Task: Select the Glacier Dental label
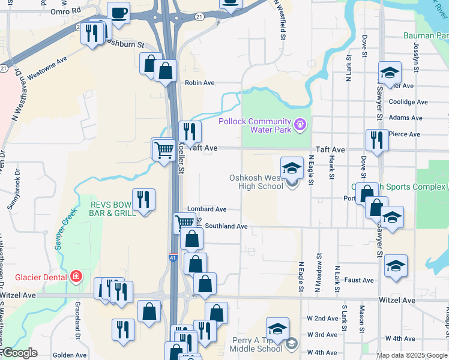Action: click(34, 277)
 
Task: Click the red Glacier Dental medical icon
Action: click(76, 277)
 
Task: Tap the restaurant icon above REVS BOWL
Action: click(143, 199)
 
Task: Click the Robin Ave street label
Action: click(199, 83)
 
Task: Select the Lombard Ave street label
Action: click(206, 209)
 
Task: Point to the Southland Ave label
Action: click(226, 226)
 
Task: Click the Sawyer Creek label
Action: click(67, 229)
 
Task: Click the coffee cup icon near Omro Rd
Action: click(118, 12)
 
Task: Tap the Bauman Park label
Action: click(426, 36)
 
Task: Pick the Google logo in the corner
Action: click(19, 353)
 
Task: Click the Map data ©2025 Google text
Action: click(411, 355)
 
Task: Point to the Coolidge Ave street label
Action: click(408, 102)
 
